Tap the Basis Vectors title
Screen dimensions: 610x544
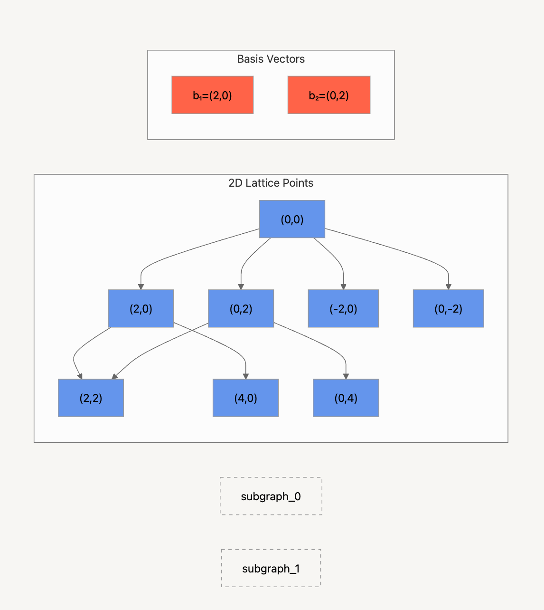pyautogui.click(x=271, y=59)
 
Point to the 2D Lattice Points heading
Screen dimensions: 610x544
pyautogui.click(x=271, y=183)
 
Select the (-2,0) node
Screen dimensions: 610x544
pyautogui.click(x=343, y=309)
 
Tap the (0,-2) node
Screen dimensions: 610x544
pyautogui.click(x=448, y=309)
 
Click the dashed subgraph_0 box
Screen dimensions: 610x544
pyautogui.click(x=271, y=496)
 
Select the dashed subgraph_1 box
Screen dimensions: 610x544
pyautogui.click(x=271, y=569)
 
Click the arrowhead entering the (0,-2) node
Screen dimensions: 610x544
pyautogui.click(x=448, y=286)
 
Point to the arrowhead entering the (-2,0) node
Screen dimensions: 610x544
pyautogui.click(x=343, y=286)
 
